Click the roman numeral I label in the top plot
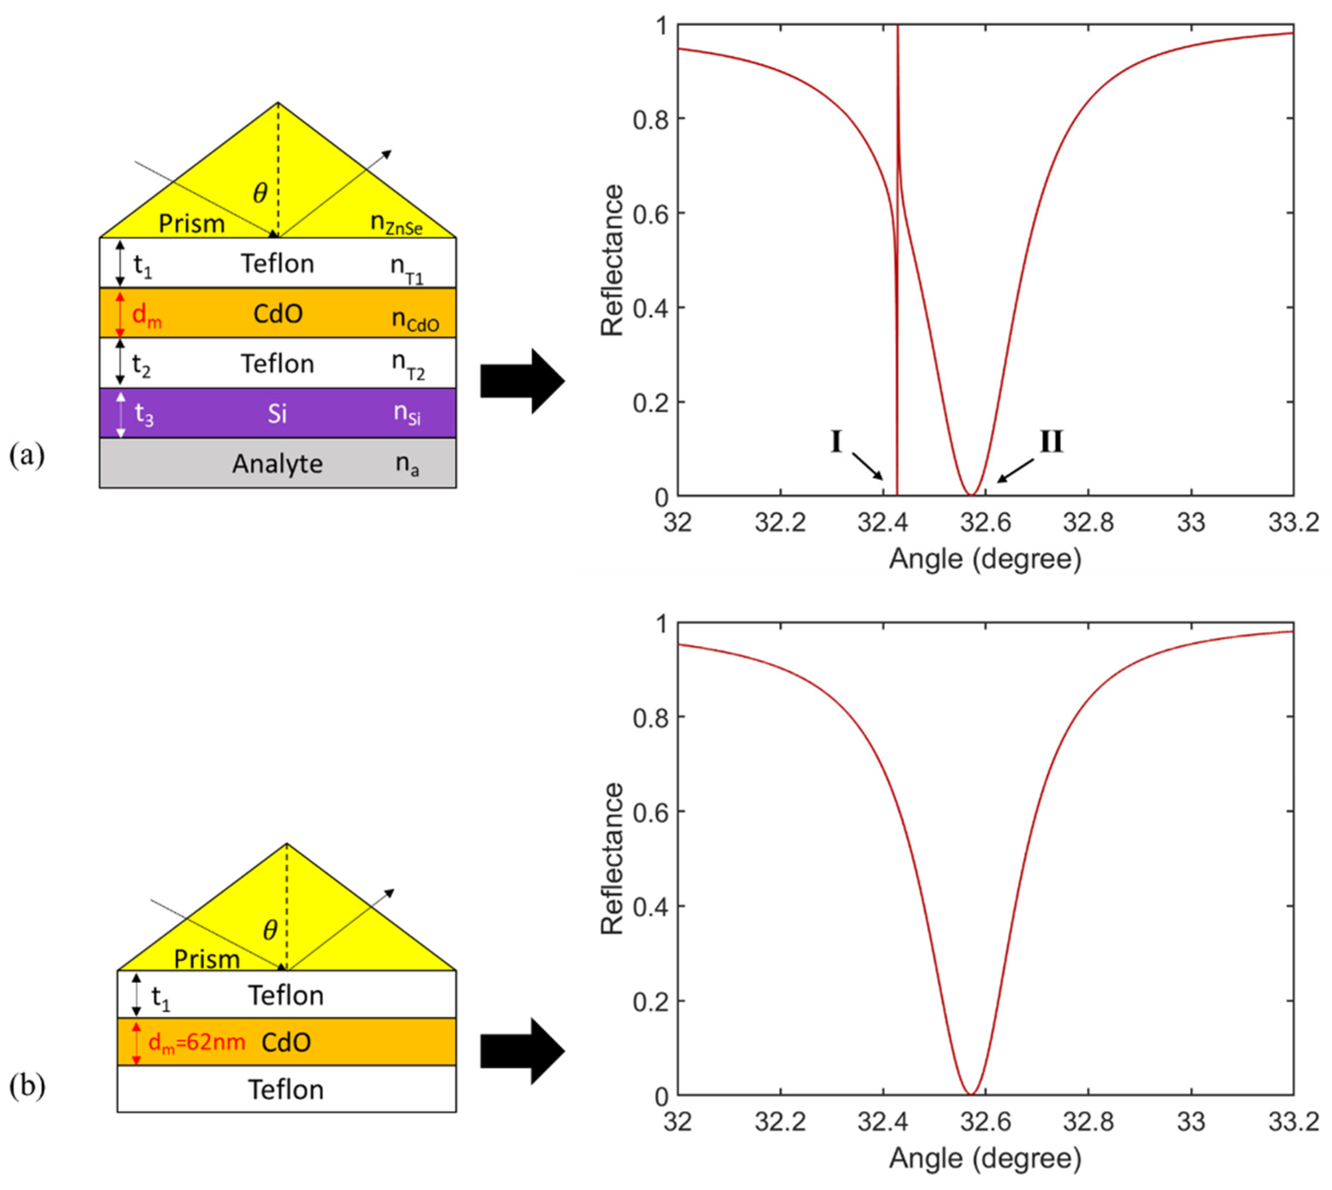pos(836,442)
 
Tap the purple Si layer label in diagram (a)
pos(277,414)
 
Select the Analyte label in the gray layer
pos(277,464)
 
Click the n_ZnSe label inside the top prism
pos(396,224)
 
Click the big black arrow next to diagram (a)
pos(521,381)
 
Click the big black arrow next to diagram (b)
pos(521,1051)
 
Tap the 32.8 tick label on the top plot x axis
pos(1088,523)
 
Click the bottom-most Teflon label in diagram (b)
pos(286,1090)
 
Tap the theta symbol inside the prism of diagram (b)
pos(270,930)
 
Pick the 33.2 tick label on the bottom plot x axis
pos(1293,1122)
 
